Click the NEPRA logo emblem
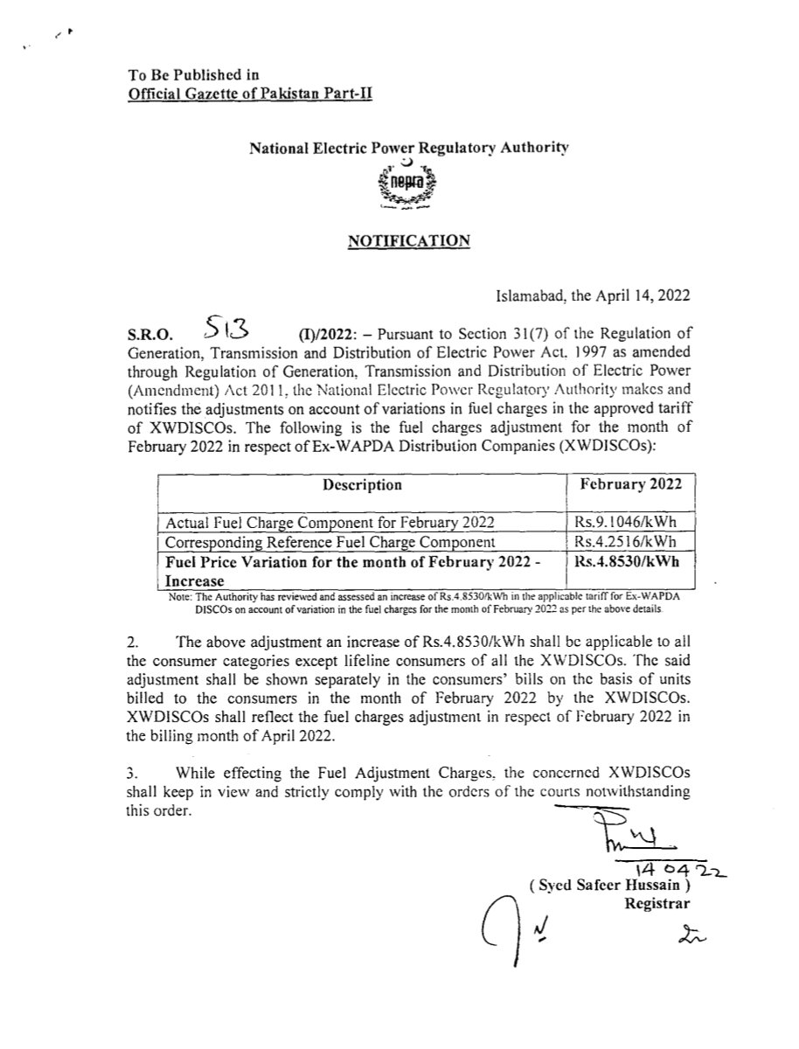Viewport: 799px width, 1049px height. point(409,185)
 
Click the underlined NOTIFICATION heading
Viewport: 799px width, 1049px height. point(409,240)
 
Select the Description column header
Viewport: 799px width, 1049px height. point(362,484)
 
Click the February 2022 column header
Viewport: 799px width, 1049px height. point(632,484)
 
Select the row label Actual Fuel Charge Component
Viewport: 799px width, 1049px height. point(330,522)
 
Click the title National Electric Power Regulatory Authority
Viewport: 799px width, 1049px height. point(409,149)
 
